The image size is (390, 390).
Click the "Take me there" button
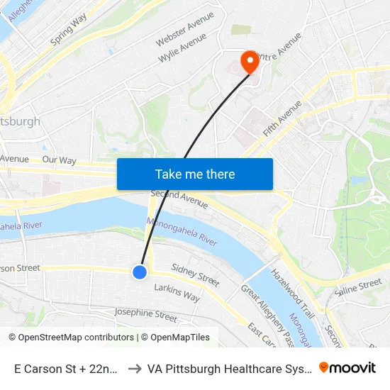pos(195,174)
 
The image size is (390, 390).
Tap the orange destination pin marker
pos(250,62)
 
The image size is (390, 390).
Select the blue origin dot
pos(140,271)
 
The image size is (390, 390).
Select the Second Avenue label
pos(179,199)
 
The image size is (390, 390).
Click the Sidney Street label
pos(196,275)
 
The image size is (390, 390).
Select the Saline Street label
pos(358,286)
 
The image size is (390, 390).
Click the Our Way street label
pos(59,160)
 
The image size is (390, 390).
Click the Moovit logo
pos(347,367)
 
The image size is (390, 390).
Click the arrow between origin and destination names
pos(133,368)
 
